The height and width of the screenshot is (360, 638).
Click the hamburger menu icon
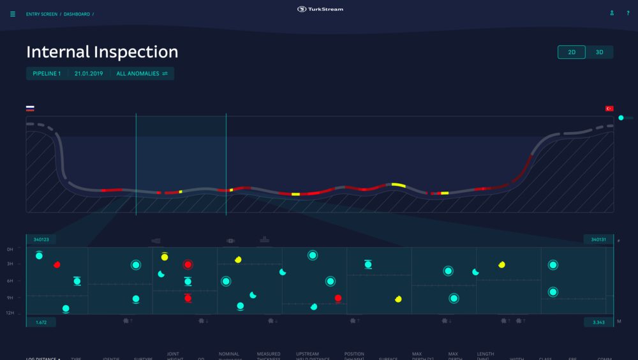pos(13,14)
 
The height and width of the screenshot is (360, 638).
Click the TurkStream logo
pos(320,9)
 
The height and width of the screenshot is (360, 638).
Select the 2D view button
pos(572,52)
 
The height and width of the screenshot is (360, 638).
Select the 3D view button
pos(600,52)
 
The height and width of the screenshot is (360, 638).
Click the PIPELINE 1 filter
pos(47,73)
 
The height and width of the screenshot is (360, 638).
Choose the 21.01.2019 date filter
pos(89,73)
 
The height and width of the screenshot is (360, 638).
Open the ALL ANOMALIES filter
pos(142,73)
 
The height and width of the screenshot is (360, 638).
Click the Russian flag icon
pos(30,109)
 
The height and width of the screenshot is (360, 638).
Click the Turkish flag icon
pos(609,109)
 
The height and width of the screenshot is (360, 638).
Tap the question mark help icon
pos(628,13)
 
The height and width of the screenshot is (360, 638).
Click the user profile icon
pos(612,13)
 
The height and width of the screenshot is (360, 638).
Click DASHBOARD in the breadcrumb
pos(77,14)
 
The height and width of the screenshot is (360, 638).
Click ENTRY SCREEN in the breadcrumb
pos(41,14)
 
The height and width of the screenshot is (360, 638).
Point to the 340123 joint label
pos(41,239)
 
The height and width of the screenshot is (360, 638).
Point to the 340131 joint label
pos(598,239)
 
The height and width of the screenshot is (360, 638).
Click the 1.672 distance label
pos(41,322)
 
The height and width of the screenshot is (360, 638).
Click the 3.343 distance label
pos(598,322)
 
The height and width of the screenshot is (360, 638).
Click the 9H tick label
pos(10,297)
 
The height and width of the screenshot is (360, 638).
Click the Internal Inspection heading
pos(102,52)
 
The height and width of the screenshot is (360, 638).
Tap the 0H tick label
pos(10,250)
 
